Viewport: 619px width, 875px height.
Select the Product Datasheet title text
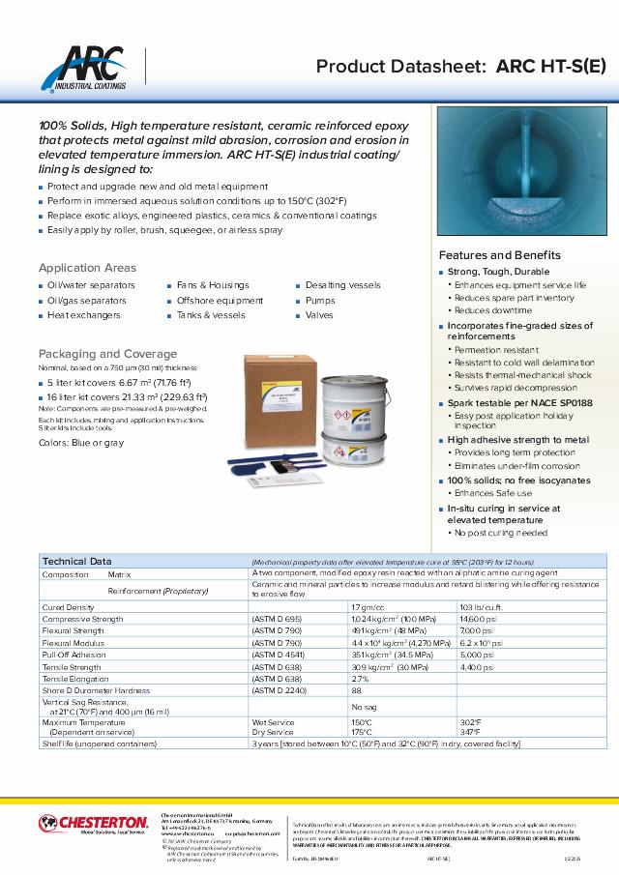point(462,67)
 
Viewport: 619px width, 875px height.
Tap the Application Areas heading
point(87,268)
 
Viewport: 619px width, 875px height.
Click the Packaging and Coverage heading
point(107,354)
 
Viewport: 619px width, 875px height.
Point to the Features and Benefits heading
point(500,255)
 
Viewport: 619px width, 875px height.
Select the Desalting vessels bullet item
point(342,285)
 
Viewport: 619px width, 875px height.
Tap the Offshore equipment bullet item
point(220,301)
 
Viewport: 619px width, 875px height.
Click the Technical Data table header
point(76,561)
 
